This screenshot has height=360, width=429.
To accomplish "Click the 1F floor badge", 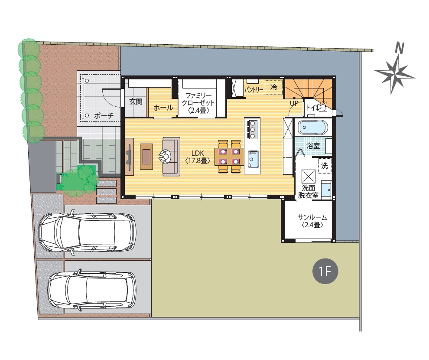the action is pyautogui.click(x=325, y=271).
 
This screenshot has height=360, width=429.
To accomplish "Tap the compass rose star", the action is pyautogui.click(x=394, y=74).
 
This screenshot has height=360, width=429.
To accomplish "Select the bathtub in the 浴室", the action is pyautogui.click(x=313, y=128).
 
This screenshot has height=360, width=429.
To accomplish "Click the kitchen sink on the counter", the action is pyautogui.click(x=253, y=159).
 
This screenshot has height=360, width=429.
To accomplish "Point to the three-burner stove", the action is pyautogui.click(x=252, y=129).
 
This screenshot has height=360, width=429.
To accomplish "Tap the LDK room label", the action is pyautogui.click(x=198, y=157).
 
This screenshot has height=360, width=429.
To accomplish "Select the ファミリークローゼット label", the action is pyautogui.click(x=198, y=103).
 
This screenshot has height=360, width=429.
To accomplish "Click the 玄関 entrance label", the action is pyautogui.click(x=136, y=102).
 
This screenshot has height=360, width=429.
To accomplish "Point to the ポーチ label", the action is pyautogui.click(x=104, y=115).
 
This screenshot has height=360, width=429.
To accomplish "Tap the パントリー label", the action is pyautogui.click(x=253, y=89).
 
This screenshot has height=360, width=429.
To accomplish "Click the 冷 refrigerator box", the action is pyautogui.click(x=273, y=87).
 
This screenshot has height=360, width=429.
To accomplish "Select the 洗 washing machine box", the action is pyautogui.click(x=325, y=165).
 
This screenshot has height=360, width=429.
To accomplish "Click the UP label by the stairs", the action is pyautogui.click(x=294, y=103).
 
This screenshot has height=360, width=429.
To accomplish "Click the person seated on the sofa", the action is pyautogui.click(x=165, y=157).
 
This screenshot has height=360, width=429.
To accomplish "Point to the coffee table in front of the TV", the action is pyautogui.click(x=146, y=157).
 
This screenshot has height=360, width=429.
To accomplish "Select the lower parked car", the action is pyautogui.click(x=92, y=291).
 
